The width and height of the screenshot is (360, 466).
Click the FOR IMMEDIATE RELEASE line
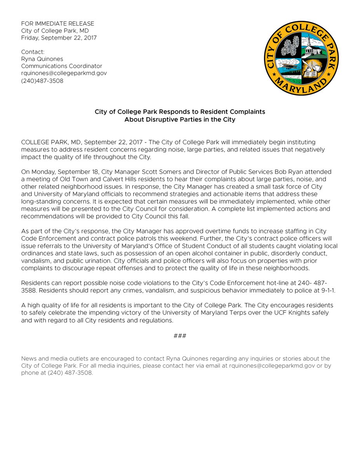(57, 24)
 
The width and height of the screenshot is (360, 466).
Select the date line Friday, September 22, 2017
(59, 38)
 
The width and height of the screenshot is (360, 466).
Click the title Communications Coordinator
(62, 66)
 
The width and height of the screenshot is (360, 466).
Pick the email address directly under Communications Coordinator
(64, 73)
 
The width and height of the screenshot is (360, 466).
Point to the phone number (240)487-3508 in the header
(42, 81)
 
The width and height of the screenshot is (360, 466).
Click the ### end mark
(180, 335)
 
